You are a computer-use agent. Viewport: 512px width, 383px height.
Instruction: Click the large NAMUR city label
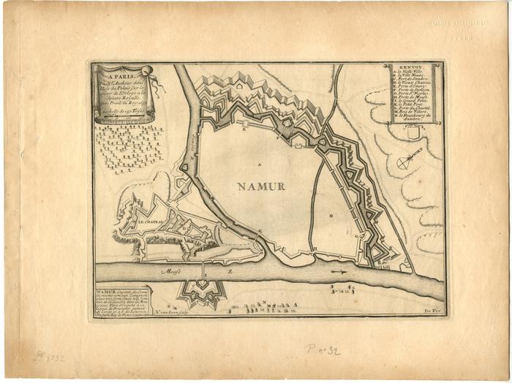click(260, 186)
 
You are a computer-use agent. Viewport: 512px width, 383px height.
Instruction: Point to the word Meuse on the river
click(173, 270)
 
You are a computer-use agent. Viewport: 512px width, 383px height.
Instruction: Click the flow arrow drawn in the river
click(337, 271)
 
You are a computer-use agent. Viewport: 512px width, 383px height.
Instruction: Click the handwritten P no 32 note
click(323, 350)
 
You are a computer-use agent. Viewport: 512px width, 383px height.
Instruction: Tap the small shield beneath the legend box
click(412, 133)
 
